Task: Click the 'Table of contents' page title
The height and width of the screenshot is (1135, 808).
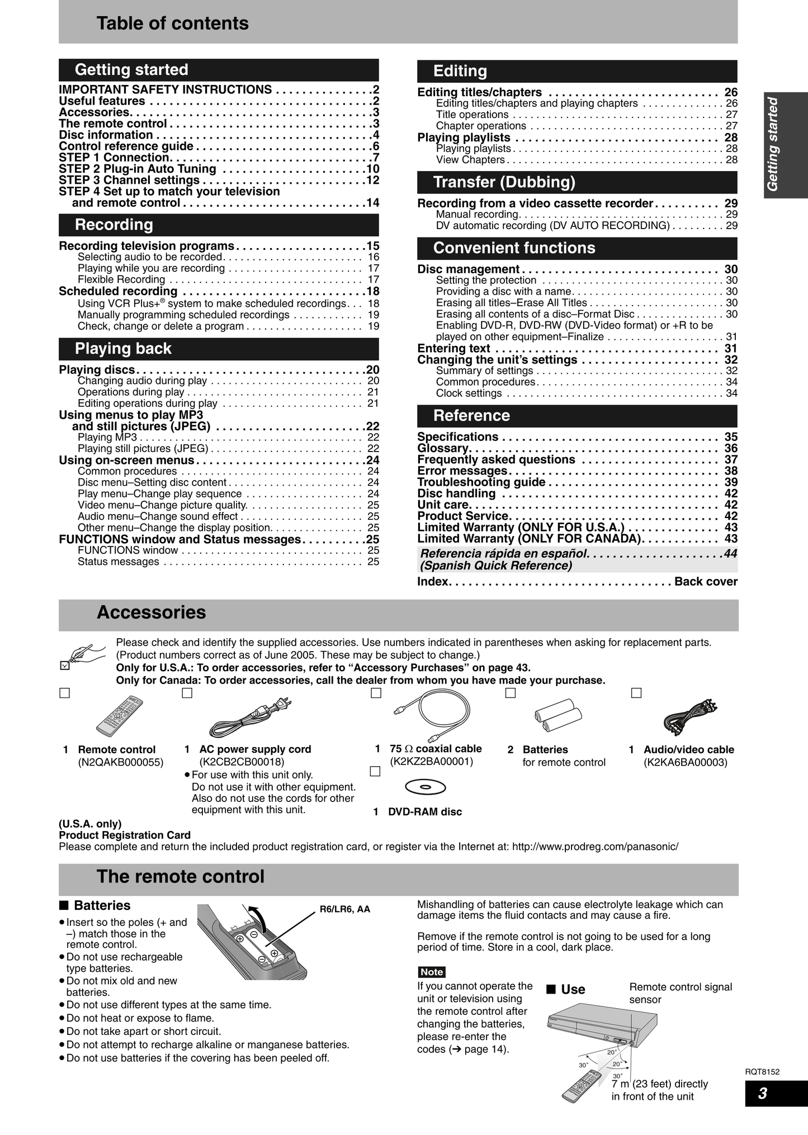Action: [x=172, y=23]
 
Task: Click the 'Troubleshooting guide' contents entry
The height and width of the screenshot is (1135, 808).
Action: [x=481, y=482]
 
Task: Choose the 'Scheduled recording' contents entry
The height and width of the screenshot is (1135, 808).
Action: [x=118, y=291]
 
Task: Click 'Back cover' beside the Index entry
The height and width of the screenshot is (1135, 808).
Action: [x=706, y=582]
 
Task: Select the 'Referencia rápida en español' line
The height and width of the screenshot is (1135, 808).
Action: [x=504, y=554]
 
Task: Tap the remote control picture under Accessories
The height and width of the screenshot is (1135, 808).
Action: [x=119, y=716]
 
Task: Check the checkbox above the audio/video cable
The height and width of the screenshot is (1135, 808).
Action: [x=636, y=693]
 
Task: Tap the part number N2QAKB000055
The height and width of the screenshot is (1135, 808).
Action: [x=121, y=762]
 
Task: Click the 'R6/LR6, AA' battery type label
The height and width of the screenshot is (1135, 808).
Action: [x=345, y=909]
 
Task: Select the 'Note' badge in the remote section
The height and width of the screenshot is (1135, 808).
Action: [x=432, y=972]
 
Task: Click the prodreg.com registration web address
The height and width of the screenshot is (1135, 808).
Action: [x=595, y=847]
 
